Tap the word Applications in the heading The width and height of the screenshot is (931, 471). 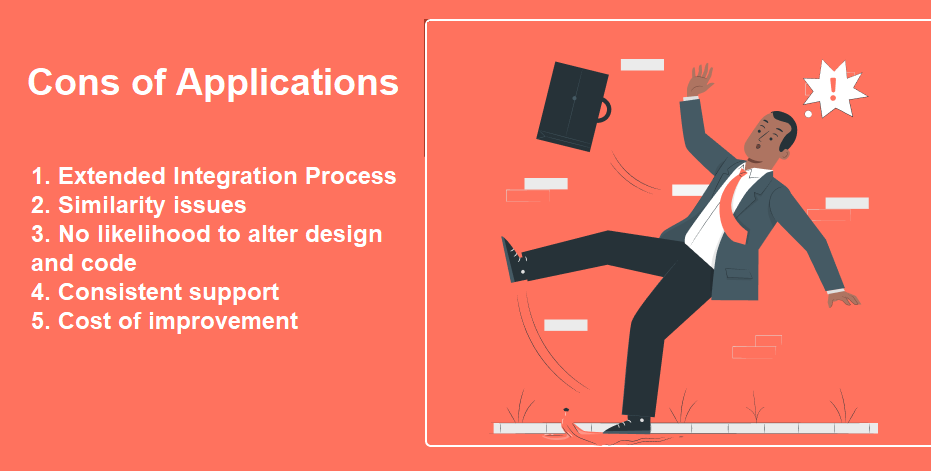(x=287, y=84)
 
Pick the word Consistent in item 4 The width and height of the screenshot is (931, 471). (x=116, y=292)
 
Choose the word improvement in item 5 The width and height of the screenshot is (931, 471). (x=223, y=321)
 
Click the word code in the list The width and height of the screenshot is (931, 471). (x=110, y=263)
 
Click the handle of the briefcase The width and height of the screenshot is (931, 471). (x=604, y=110)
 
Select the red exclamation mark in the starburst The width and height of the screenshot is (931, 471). (x=833, y=89)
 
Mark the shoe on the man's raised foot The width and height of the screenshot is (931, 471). (x=514, y=260)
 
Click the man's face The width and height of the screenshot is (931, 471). (x=765, y=142)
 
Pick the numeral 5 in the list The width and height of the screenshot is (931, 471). (x=37, y=321)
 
